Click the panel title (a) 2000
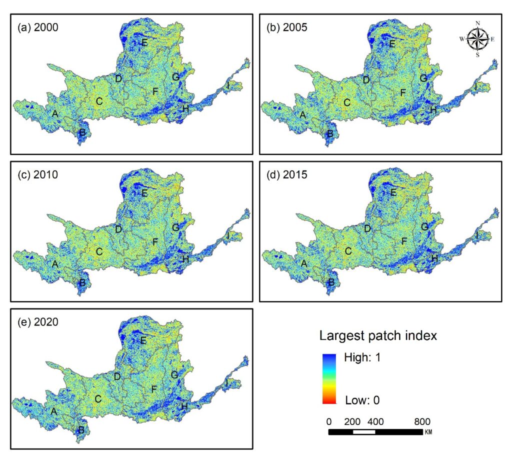coord(38,27)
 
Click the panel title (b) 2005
coord(286,27)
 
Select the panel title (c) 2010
coord(38,174)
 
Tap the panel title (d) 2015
coord(286,174)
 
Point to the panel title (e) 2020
coord(38,322)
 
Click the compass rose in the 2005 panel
coord(477,39)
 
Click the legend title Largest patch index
coord(378,335)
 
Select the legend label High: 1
coord(362,357)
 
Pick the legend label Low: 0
coord(362,400)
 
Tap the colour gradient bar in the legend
coord(329,379)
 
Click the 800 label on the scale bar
coord(422,421)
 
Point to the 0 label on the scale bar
coord(329,421)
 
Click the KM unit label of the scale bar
coord(428,432)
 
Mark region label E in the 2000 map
coord(144,42)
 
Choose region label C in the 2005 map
coord(347,102)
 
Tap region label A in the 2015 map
coord(304,263)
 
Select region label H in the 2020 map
coord(184,406)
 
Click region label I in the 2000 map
coord(228,86)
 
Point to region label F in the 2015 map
coord(404,241)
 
